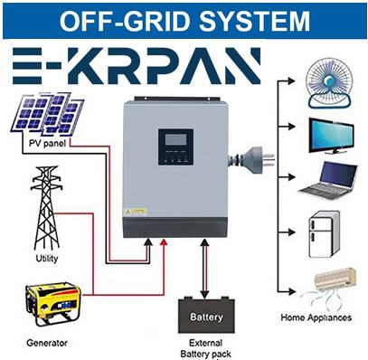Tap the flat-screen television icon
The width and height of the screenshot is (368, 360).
pyautogui.click(x=332, y=137)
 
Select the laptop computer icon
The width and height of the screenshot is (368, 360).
pyautogui.click(x=329, y=181)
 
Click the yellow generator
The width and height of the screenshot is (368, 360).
pyautogui.click(x=53, y=304)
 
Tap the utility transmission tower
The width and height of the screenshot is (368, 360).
pyautogui.click(x=46, y=208)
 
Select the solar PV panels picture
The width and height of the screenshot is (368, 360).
pyautogui.click(x=47, y=114)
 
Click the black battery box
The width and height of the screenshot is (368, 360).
pyautogui.click(x=206, y=315)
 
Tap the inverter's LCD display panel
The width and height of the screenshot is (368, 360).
pyautogui.click(x=175, y=147)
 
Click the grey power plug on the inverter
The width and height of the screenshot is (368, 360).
pyautogui.click(x=251, y=157)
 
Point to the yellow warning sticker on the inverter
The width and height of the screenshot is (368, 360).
pyautogui.click(x=136, y=212)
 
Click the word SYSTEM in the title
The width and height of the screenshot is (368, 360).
pyautogui.click(x=254, y=21)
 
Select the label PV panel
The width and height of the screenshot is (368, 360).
pyautogui.click(x=47, y=143)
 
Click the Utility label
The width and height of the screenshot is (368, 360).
pyautogui.click(x=47, y=259)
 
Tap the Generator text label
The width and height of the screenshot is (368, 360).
pyautogui.click(x=47, y=343)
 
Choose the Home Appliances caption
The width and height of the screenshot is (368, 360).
pyautogui.click(x=316, y=317)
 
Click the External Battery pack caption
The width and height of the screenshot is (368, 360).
pyautogui.click(x=206, y=348)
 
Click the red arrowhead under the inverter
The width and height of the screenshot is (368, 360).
pyautogui.click(x=164, y=242)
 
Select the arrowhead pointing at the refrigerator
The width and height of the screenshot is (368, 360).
pyautogui.click(x=291, y=232)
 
